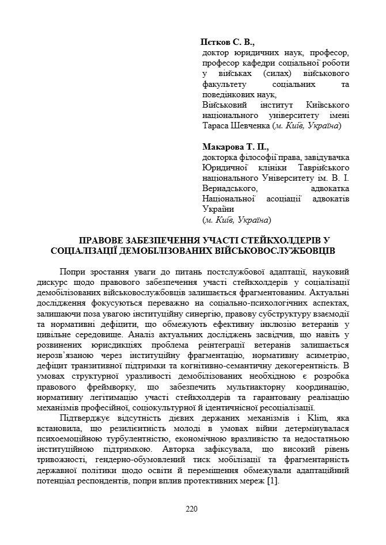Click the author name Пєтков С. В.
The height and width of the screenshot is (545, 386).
[x=227, y=43]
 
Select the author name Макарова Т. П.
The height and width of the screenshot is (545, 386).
[x=236, y=147]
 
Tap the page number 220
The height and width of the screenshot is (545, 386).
[x=192, y=508]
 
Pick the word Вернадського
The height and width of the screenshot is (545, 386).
[x=229, y=188]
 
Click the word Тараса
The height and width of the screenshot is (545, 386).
[x=215, y=126]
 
